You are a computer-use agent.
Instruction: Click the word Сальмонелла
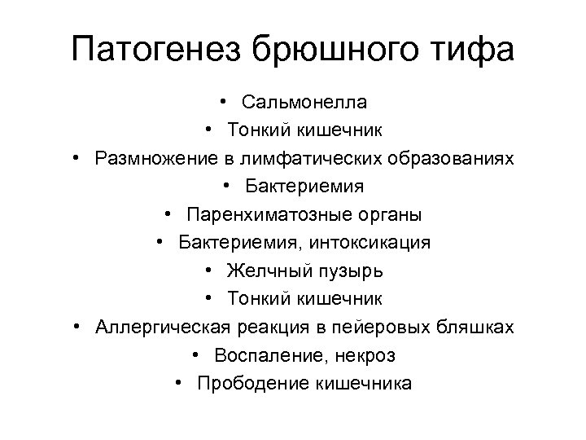[x=304, y=103]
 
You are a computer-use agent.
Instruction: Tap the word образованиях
[x=453, y=156]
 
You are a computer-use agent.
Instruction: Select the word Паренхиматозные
[x=260, y=215]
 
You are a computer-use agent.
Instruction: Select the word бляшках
[x=479, y=327]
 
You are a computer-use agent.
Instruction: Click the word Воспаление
[x=265, y=354]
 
